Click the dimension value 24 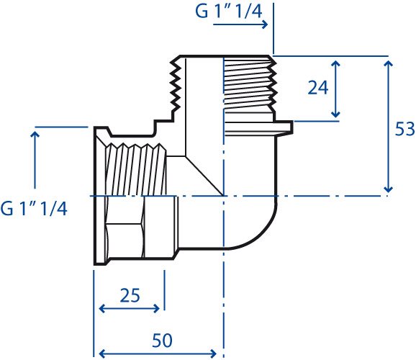[318, 87]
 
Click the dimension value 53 [405, 129]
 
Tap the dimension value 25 [130, 295]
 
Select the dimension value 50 [162, 341]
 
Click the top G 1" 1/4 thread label [229, 12]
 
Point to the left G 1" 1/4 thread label [34, 208]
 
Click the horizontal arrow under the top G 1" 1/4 [240, 24]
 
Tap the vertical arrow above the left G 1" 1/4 [35, 159]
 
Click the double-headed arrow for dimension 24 [335, 89]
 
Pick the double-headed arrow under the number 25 [130, 309]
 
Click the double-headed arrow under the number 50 [158, 354]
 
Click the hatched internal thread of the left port [137, 170]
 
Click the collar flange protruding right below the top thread [258, 129]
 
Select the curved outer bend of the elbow [261, 235]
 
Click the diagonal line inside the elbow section [204, 176]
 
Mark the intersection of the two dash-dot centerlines [224, 196]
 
